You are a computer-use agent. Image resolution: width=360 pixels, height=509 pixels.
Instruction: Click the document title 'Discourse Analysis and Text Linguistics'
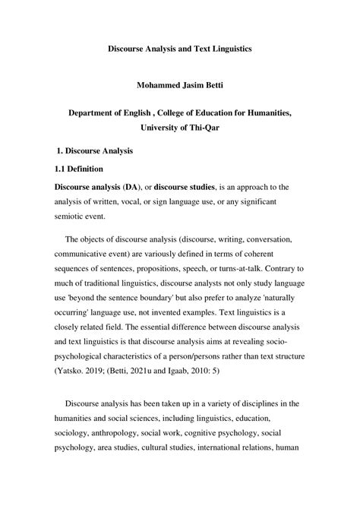(x=179, y=48)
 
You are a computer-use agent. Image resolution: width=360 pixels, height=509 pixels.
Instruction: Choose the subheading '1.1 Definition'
(x=84, y=169)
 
